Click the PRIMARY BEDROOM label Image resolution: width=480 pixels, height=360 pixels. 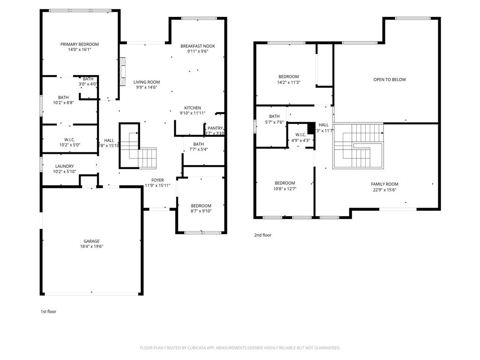click(x=79, y=44)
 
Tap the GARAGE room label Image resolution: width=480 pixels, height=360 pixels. click(x=91, y=241)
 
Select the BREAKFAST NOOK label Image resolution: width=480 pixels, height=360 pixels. click(x=197, y=46)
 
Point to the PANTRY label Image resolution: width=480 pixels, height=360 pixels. click(x=215, y=128)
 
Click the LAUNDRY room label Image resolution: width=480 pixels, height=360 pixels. click(x=64, y=166)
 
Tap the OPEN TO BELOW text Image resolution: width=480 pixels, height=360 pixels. click(x=389, y=80)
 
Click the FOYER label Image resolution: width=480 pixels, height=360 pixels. click(x=157, y=180)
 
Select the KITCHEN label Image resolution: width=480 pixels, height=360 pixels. click(x=192, y=108)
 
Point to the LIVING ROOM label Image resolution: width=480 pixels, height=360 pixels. click(x=146, y=82)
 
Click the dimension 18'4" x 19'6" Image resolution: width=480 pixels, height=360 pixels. click(x=91, y=247)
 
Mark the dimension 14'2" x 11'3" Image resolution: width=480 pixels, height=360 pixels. click(x=288, y=82)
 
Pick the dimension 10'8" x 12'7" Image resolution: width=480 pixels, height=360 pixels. click(x=285, y=188)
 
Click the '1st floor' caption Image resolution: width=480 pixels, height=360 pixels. click(x=48, y=311)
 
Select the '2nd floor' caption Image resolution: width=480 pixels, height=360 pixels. click(x=262, y=235)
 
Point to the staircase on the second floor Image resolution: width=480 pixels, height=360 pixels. click(x=359, y=145)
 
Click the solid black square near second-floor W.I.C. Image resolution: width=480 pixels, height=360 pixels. click(x=310, y=128)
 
